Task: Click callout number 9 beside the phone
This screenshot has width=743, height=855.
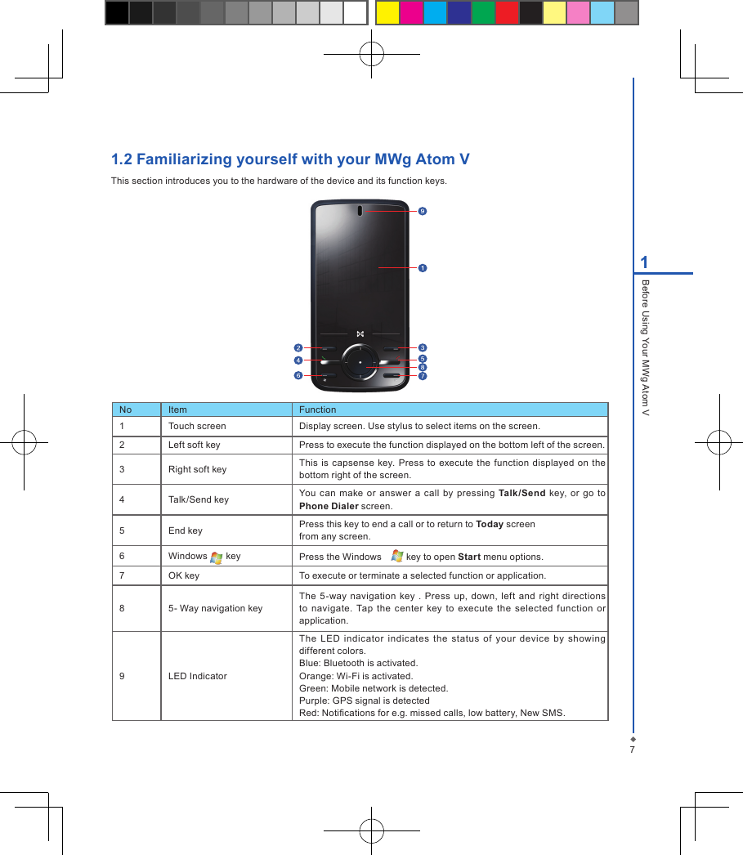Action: tap(422, 211)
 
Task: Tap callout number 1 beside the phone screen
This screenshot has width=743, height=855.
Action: tap(422, 267)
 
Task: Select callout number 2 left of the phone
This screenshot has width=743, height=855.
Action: tap(298, 347)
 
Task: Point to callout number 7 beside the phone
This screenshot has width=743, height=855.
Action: tap(422, 376)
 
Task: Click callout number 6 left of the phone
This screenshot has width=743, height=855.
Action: tap(298, 376)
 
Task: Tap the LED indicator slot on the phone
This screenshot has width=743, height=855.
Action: tap(360, 211)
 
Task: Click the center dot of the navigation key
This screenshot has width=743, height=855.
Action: tap(360, 360)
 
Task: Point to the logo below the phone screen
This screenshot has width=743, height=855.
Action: tap(360, 333)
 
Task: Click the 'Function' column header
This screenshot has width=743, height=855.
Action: tap(317, 410)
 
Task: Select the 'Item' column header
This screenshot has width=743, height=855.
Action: tap(177, 410)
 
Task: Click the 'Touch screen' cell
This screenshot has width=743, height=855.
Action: tap(197, 426)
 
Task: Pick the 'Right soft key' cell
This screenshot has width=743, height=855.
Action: tap(197, 469)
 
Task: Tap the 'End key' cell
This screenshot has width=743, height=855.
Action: tap(186, 530)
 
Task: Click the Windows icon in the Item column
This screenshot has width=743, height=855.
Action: tap(217, 557)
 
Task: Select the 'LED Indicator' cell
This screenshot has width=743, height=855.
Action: tap(198, 676)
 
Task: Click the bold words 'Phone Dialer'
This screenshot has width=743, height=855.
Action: tap(329, 506)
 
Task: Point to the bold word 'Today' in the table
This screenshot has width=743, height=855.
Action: tap(489, 524)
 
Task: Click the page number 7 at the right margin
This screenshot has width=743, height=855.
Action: tap(632, 749)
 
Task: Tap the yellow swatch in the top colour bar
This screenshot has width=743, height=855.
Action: tap(387, 13)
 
